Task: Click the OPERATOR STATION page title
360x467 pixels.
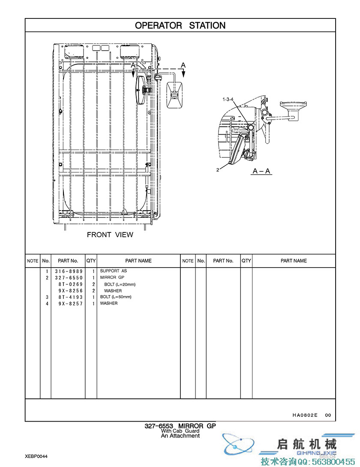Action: [180, 25]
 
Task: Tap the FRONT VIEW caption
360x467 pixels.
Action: [110, 235]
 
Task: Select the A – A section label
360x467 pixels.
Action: [261, 171]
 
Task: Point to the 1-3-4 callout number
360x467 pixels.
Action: [228, 99]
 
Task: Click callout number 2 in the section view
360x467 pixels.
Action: [218, 170]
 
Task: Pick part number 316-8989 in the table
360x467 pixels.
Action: [69, 271]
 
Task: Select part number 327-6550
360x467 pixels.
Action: [69, 278]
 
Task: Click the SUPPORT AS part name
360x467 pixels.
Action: [114, 271]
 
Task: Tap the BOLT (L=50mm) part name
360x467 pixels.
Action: [116, 297]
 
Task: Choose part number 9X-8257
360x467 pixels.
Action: [70, 304]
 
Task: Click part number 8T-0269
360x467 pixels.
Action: [70, 284]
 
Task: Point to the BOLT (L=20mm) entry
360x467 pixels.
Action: [120, 284]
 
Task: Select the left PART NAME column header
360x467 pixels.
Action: [138, 261]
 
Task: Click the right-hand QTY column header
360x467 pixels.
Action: [246, 261]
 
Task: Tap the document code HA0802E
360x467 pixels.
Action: [305, 415]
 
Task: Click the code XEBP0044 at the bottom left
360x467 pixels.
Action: [36, 456]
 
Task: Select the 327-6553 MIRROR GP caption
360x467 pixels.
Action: [180, 426]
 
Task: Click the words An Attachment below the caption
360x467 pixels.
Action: [180, 436]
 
